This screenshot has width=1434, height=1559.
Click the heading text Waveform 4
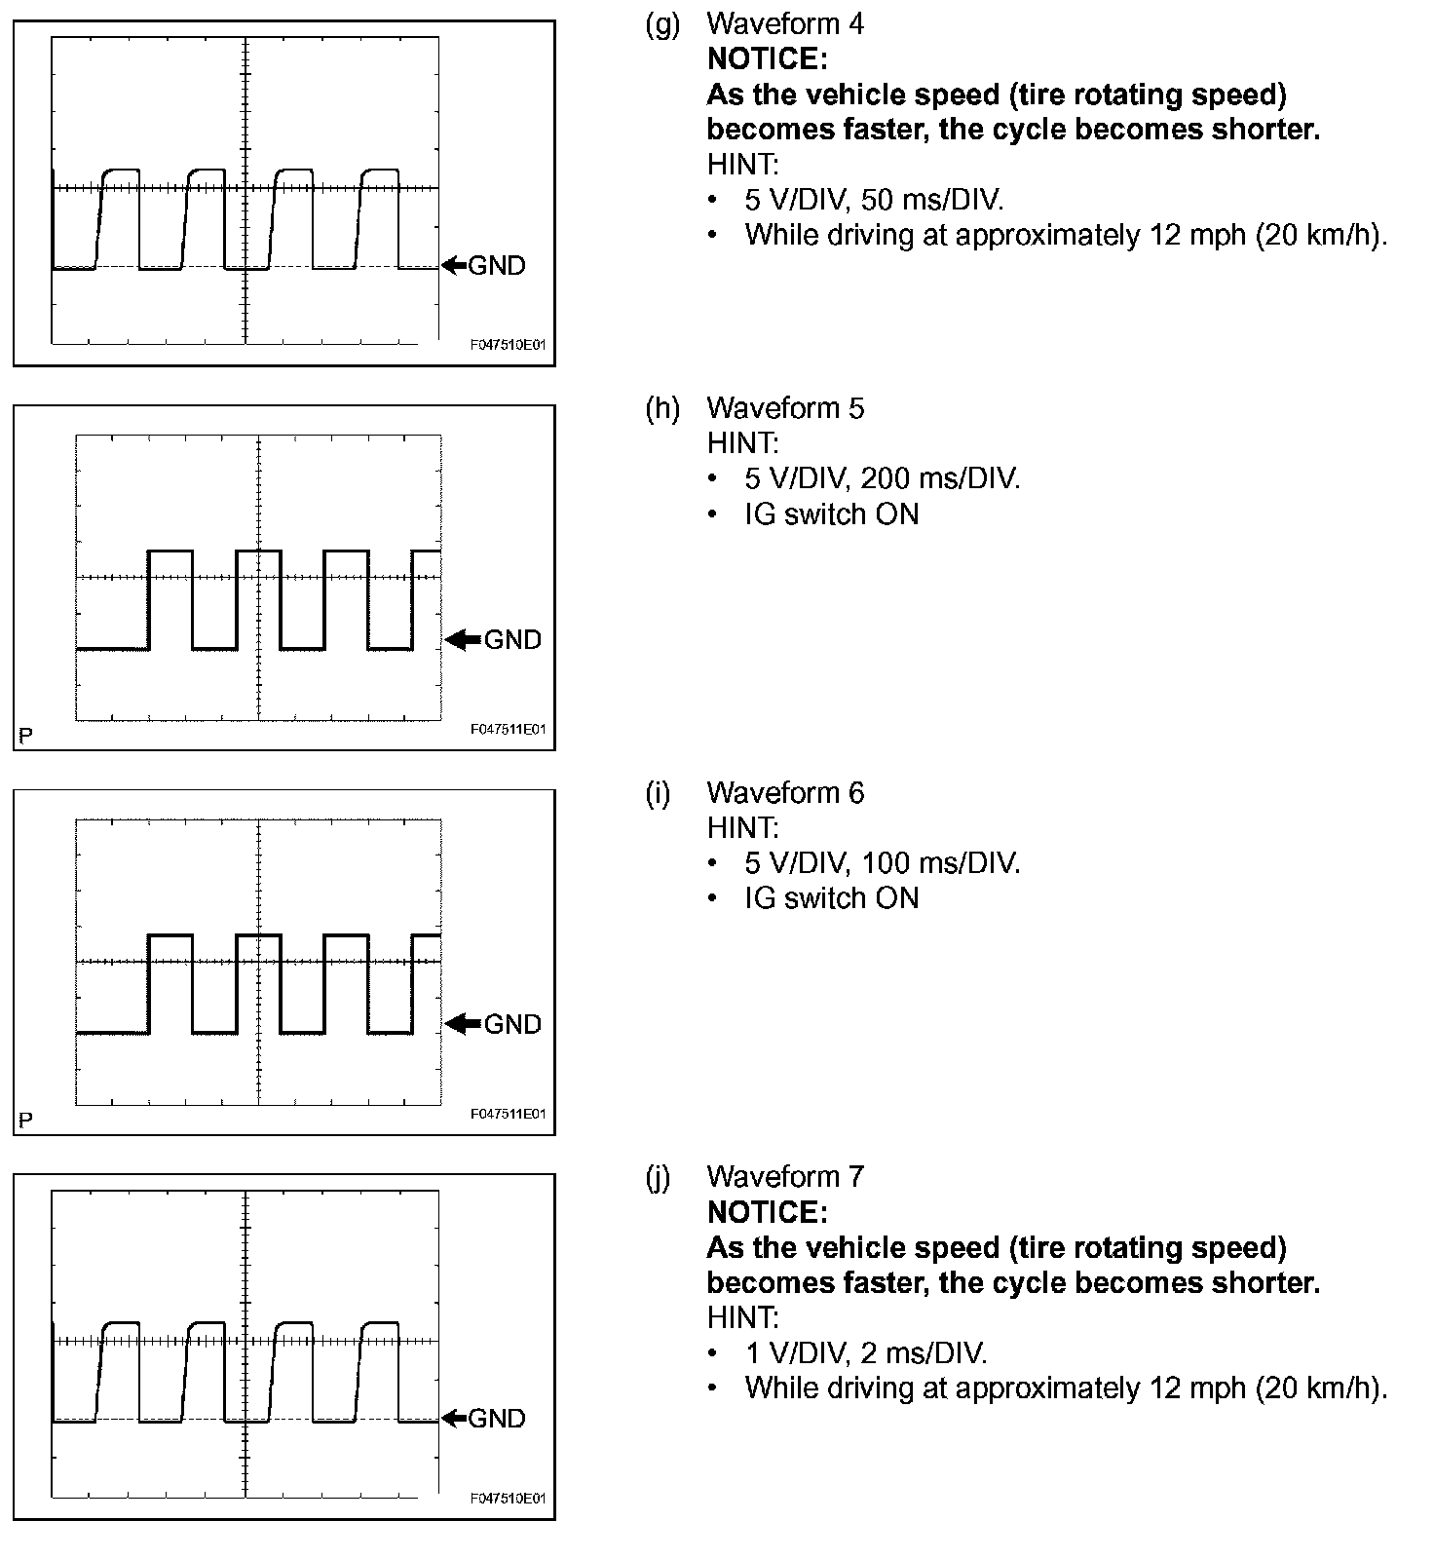point(784,23)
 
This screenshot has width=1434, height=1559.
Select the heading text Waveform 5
point(784,408)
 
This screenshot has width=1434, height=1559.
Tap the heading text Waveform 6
point(784,793)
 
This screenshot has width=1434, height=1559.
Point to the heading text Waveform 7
point(784,1177)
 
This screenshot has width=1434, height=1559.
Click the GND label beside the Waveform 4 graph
point(497,266)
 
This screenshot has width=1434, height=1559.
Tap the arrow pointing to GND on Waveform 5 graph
point(463,639)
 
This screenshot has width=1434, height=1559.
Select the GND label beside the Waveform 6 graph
point(512,1024)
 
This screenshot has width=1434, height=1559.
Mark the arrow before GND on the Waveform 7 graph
point(454,1418)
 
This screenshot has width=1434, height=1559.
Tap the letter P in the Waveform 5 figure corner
point(25,735)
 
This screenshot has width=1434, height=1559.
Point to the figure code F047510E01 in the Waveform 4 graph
point(508,345)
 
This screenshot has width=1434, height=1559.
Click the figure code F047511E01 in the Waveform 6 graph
point(508,1114)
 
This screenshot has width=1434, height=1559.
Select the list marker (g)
point(662,23)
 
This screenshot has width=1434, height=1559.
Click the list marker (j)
point(660,1177)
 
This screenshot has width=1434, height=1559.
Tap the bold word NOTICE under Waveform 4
point(767,59)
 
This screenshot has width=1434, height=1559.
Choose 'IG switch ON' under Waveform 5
point(831,514)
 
